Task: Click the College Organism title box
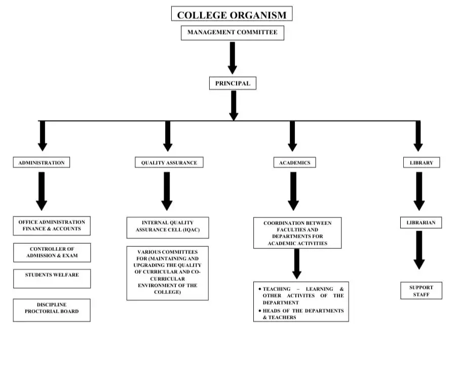pos(232,14)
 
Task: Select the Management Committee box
pos(232,33)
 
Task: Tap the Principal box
pos(233,83)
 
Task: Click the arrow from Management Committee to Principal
pos(233,58)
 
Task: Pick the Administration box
pos(42,163)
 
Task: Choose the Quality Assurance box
pos(169,163)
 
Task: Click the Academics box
pos(294,163)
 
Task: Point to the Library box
pos(422,163)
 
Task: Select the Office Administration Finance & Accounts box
pos(52,225)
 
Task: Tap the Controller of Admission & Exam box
pos(52,252)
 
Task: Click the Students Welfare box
pos(52,279)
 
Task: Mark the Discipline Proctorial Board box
pos(52,310)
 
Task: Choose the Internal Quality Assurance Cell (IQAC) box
pos(168,228)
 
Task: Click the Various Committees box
pos(168,273)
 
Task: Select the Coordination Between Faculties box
pos(297,233)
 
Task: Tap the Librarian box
pos(421,222)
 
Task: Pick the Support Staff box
pos(421,290)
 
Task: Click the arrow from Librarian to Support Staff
pos(419,250)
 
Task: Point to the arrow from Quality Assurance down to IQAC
pos(167,191)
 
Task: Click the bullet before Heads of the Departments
pos(260,311)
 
